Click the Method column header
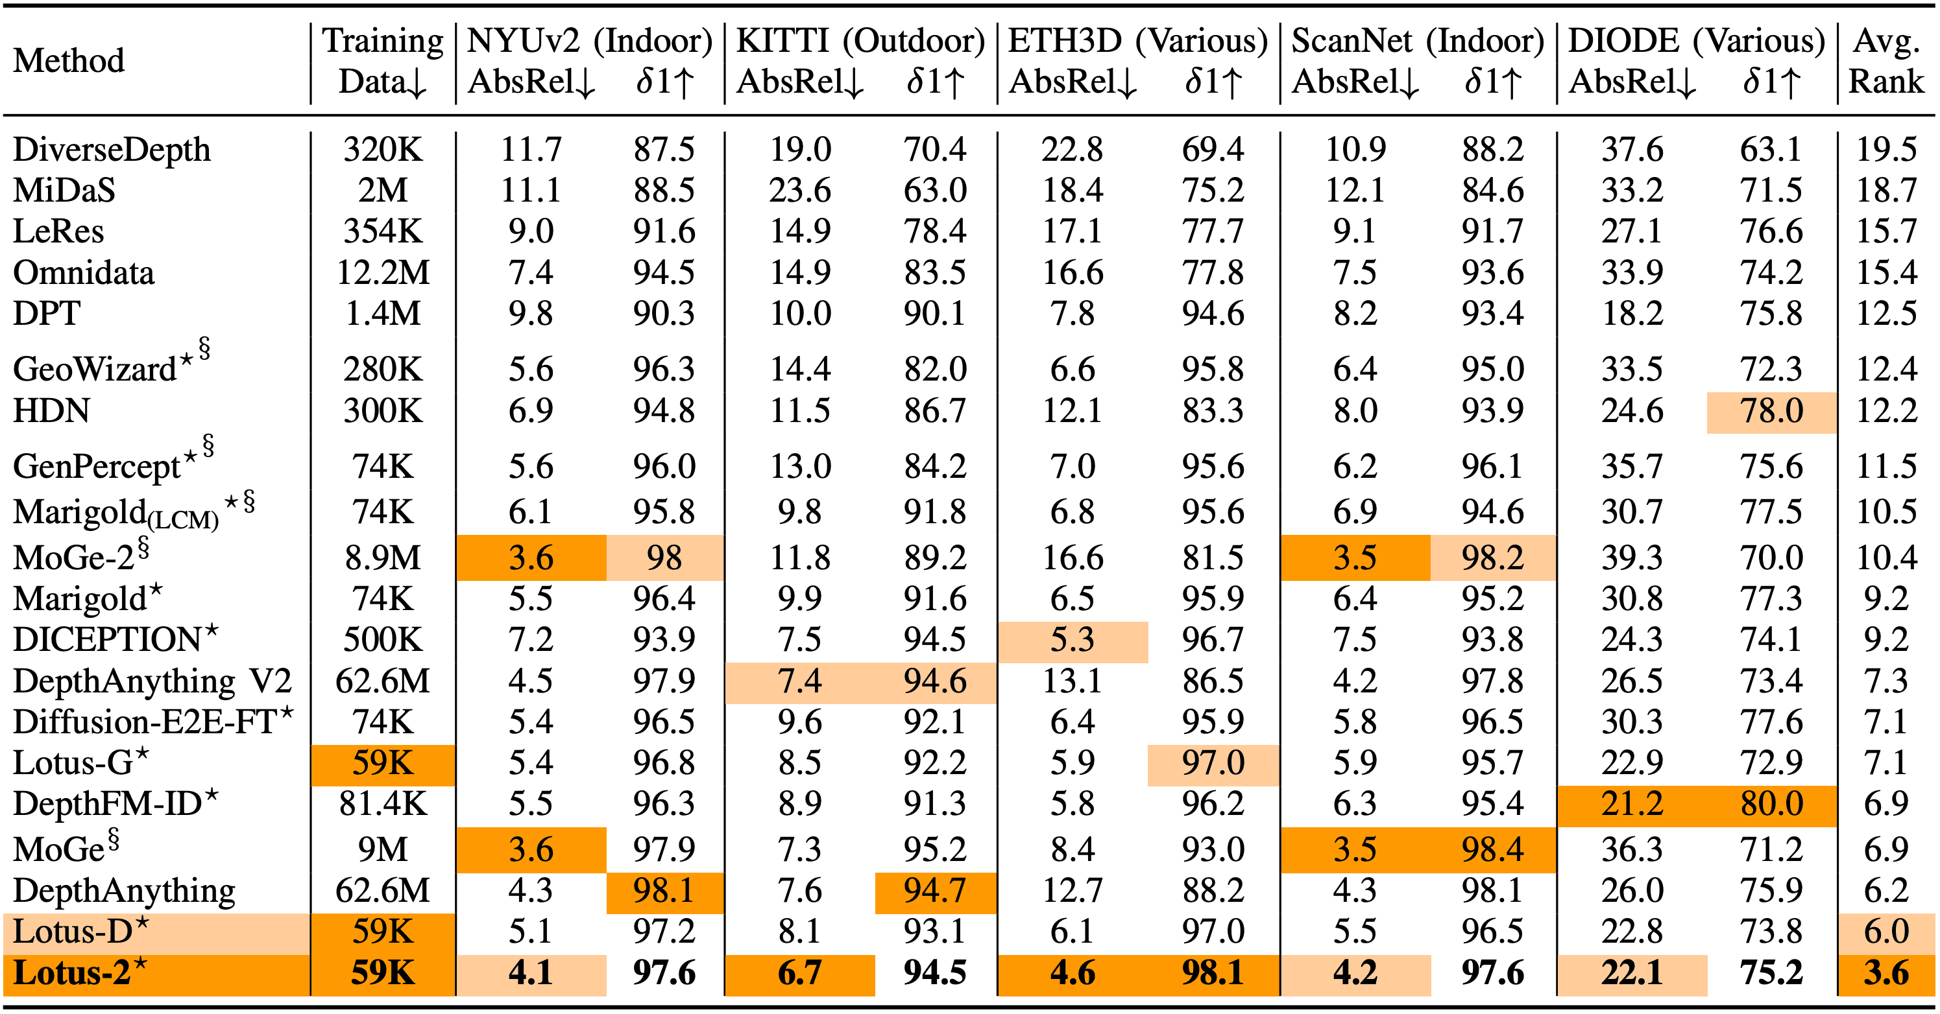(69, 61)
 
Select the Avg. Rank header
(1885, 61)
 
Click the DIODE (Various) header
(1696, 41)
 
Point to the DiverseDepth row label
(112, 149)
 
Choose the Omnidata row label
(84, 272)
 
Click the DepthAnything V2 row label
(152, 681)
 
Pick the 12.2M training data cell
(383, 272)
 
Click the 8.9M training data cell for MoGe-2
(383, 558)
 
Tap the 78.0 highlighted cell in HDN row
(1771, 411)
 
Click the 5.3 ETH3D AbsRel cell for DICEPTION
(1072, 640)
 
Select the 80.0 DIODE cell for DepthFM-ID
(1771, 804)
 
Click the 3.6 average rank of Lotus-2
(1885, 973)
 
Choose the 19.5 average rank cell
(1885, 149)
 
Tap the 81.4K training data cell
(383, 804)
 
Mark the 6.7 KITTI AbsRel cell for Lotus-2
(799, 973)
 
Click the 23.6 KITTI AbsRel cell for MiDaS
(799, 191)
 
